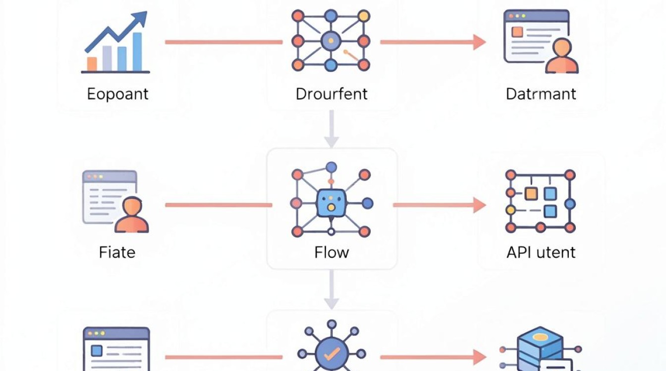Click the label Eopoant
click(x=117, y=94)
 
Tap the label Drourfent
click(x=332, y=94)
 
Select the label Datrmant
click(x=541, y=94)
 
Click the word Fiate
click(x=117, y=252)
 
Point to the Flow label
click(x=332, y=252)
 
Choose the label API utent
click(x=541, y=252)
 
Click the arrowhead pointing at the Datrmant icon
click(x=479, y=42)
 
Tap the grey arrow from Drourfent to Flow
click(x=332, y=129)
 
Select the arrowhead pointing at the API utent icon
click(x=479, y=205)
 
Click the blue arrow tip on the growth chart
click(x=140, y=17)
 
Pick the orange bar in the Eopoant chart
click(x=92, y=64)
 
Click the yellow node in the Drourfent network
click(x=364, y=16)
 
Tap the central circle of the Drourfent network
click(x=331, y=41)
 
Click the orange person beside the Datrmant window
click(x=561, y=56)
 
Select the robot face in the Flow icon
click(x=331, y=203)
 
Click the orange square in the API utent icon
click(x=531, y=194)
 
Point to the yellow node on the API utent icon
click(x=510, y=210)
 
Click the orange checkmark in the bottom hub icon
click(x=332, y=354)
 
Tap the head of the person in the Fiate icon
click(x=132, y=206)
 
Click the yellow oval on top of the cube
click(x=540, y=337)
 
